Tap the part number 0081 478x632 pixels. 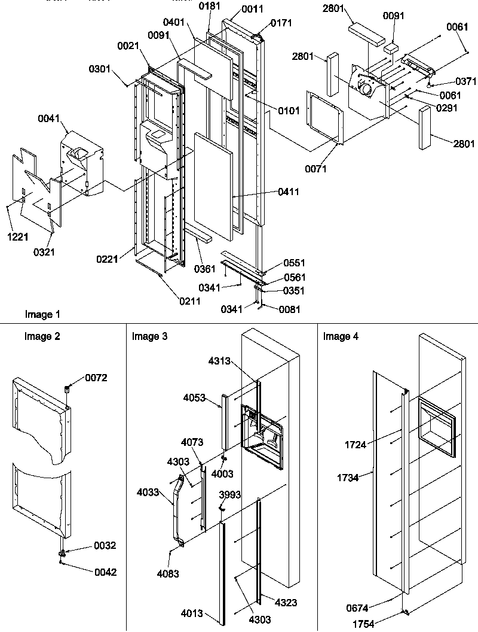coord(290,309)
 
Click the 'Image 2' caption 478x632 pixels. coord(42,336)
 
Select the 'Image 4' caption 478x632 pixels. coord(341,336)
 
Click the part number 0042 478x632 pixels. coord(105,572)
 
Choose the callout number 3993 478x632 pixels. coord(230,494)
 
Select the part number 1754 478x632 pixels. coord(379,624)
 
